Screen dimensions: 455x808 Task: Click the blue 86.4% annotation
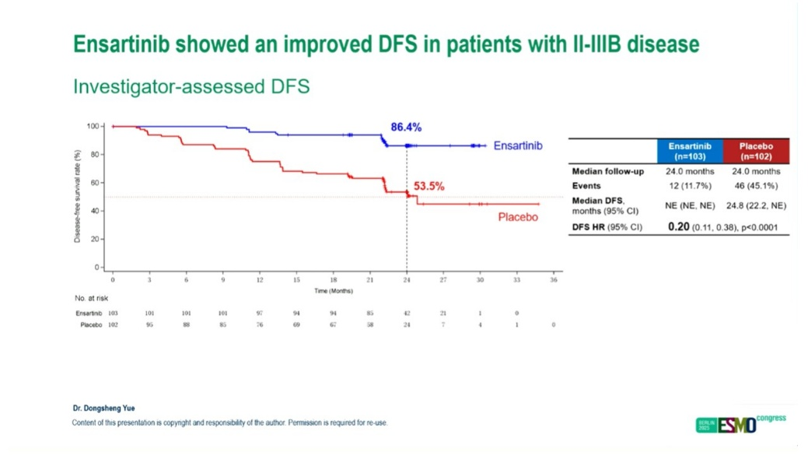(406, 128)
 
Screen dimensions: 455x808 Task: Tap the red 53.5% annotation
(428, 187)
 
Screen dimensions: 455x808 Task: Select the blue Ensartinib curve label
(518, 145)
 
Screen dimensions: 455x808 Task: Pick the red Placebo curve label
(518, 217)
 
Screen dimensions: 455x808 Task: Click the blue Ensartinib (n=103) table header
(690, 151)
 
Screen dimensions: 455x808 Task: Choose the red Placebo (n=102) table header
(756, 151)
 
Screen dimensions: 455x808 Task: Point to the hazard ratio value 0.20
(679, 227)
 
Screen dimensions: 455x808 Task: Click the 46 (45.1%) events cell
(756, 186)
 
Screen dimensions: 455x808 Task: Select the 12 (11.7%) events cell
(690, 186)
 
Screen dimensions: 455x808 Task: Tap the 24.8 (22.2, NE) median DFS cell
(756, 205)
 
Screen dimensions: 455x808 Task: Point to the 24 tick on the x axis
(407, 279)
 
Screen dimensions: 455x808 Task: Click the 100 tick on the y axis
(94, 126)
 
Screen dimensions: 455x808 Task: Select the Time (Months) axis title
(333, 291)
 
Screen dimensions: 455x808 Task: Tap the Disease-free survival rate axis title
(78, 196)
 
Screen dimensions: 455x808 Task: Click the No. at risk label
(90, 299)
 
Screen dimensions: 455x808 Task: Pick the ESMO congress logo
(740, 424)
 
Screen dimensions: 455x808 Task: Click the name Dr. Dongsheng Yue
(103, 408)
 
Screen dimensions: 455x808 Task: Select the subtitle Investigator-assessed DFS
(191, 86)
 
